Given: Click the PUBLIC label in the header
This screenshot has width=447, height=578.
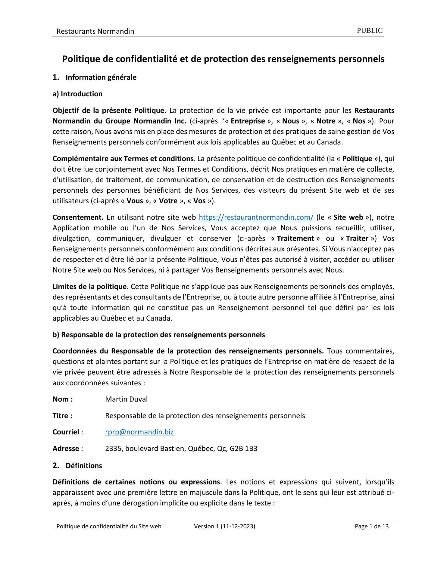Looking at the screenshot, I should point(370,31).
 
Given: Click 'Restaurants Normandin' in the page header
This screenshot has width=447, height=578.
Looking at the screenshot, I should point(95,31).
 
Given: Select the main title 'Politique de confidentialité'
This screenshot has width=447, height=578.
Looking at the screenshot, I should point(223,59).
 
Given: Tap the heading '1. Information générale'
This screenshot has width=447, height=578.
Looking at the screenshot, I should point(95,77).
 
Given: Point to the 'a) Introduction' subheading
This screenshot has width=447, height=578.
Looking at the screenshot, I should point(77,94).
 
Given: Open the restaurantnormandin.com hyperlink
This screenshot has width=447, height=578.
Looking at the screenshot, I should point(256,217).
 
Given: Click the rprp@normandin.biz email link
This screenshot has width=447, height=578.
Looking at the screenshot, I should point(139,432).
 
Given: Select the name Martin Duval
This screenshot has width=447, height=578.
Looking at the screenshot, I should point(126,399).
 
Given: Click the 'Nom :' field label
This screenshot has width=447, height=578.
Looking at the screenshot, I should point(63,399).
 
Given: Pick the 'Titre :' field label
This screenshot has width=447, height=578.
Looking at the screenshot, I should point(62,416).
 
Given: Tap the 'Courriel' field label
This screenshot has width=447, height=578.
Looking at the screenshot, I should point(66,432).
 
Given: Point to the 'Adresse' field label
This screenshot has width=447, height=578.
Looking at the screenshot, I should point(66,449).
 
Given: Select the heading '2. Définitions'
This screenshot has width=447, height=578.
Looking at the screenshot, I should point(77,466).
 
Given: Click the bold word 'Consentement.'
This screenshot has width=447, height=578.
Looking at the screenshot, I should point(78,217).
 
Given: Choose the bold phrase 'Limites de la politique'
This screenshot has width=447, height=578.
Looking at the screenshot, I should point(89,287).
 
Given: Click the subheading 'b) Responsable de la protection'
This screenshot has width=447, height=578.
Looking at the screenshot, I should point(159,335).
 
